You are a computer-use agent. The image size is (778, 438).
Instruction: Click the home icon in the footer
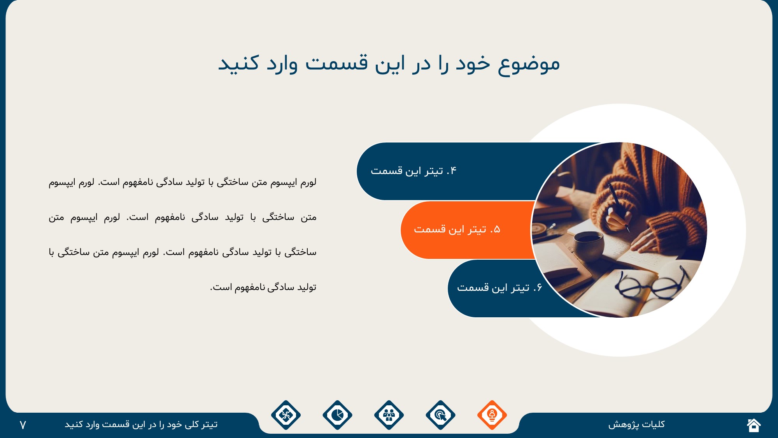coord(754,425)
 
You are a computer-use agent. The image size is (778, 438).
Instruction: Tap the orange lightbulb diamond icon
coord(492,415)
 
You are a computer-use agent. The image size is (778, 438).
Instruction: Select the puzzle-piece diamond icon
coord(286,415)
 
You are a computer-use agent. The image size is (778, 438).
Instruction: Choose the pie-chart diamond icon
coord(337,415)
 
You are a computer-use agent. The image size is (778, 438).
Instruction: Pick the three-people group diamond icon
coord(389,415)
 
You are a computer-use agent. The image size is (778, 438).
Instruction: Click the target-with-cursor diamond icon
coord(440,415)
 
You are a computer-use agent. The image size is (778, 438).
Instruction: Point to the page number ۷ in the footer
coord(23,425)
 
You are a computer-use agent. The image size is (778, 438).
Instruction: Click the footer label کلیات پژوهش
coord(636,424)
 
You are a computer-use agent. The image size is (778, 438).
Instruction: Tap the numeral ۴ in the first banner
coord(454,171)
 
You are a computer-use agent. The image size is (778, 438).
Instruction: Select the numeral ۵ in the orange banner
coord(497,229)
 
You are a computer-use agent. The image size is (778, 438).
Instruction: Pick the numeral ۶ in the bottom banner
coord(539,288)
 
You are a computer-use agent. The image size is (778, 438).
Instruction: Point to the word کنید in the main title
coord(238,63)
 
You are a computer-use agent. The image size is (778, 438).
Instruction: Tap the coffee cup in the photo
coord(589,245)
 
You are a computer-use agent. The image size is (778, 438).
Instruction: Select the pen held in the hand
coord(619,207)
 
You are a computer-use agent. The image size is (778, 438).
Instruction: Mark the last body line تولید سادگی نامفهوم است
coord(263,287)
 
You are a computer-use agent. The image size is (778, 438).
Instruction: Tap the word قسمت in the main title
coord(336,63)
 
